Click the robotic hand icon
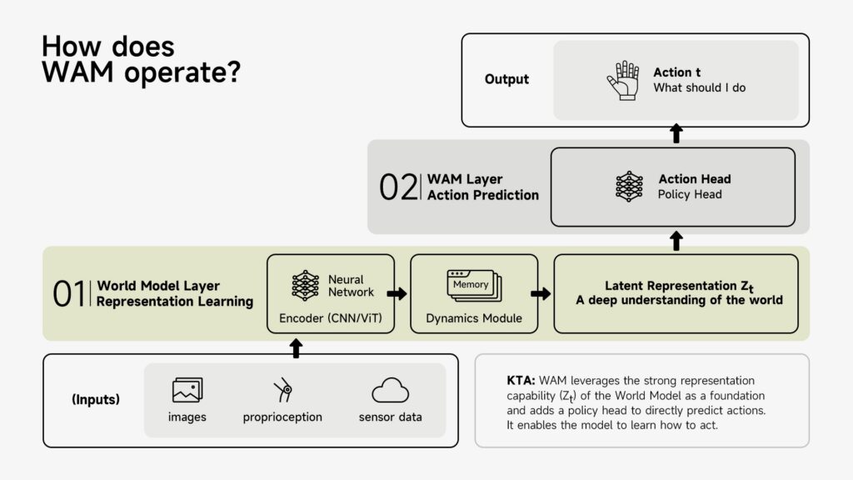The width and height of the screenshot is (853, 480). pos(622,80)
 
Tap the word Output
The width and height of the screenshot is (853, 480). pos(506,79)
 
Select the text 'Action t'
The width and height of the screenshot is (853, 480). pos(677,72)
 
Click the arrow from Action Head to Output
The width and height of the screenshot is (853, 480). pos(676,133)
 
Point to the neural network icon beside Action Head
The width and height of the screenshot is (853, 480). pos(629,187)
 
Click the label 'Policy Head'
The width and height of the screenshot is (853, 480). pos(690,194)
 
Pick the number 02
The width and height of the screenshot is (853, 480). pos(398,187)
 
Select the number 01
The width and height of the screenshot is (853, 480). pos(69,294)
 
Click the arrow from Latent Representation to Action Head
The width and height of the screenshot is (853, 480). pos(676,242)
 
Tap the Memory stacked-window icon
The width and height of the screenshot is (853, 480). pos(474,286)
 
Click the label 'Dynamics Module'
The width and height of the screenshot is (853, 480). pos(474,318)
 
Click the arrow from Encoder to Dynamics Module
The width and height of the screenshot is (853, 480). pos(397,293)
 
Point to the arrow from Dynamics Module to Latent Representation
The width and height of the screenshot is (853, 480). pos(541,293)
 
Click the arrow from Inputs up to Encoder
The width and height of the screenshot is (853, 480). pos(296,348)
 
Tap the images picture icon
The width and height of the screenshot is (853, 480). pos(187,390)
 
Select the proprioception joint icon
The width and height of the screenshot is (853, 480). pos(283,389)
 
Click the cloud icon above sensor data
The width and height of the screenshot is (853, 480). pos(390,390)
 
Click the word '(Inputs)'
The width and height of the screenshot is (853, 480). pos(96,399)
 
